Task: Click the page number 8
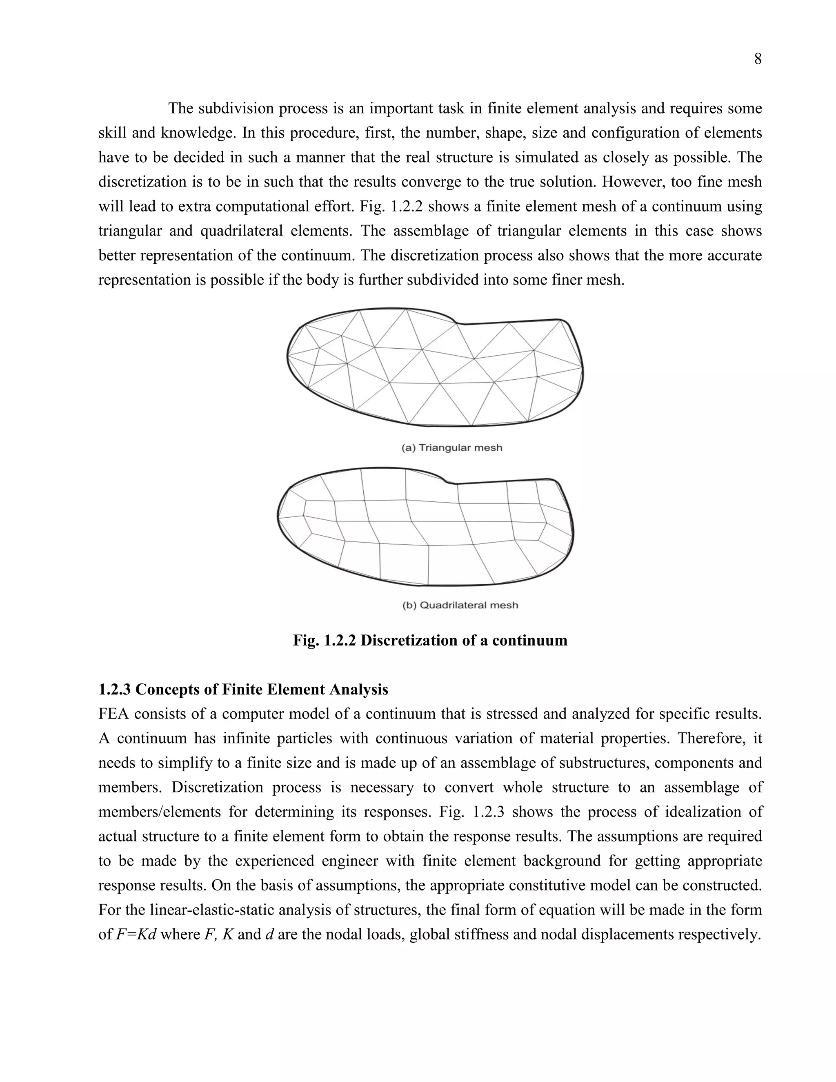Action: coord(757,59)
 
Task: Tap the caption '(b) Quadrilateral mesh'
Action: coord(460,605)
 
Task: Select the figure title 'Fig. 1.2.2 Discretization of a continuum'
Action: coord(430,640)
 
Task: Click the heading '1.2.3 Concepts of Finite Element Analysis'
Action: coord(243,689)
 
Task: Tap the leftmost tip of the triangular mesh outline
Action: coord(288,356)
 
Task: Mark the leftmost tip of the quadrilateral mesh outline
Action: coord(278,517)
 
